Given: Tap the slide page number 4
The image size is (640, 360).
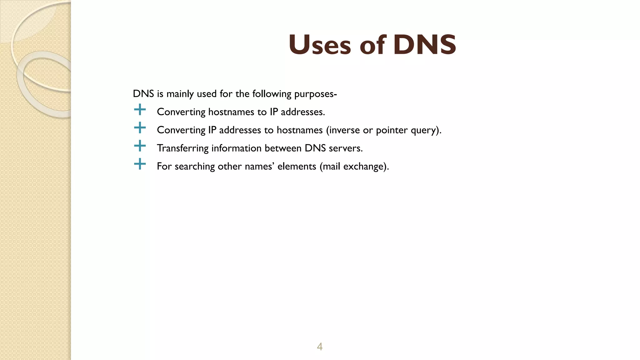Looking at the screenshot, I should (320, 347).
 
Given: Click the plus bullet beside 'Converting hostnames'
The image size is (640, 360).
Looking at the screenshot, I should (140, 110).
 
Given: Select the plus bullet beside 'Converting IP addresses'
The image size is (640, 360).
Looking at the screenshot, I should (140, 128).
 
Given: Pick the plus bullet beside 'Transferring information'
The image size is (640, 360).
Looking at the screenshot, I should (140, 146).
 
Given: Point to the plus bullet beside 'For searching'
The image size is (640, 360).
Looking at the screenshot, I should (140, 164).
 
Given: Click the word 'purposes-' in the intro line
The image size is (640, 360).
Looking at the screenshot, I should (316, 94).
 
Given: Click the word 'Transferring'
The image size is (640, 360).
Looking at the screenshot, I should (182, 148).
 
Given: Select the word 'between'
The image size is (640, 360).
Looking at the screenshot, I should (283, 148).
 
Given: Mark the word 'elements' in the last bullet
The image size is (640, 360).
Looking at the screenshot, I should (297, 166).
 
